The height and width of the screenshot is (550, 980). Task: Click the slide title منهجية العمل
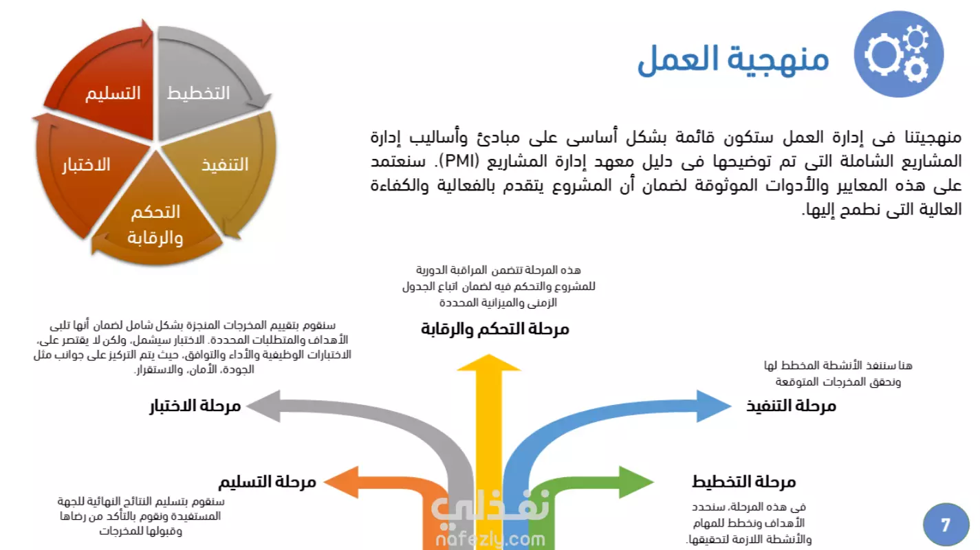pos(733,60)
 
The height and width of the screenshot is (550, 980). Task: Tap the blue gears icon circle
pos(899,54)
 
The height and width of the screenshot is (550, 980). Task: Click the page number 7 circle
pos(946,525)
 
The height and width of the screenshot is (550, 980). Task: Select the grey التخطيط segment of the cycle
pos(206,83)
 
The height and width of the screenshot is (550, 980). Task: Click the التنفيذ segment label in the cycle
pos(225,165)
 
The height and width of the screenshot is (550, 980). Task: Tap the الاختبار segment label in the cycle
pos(86,165)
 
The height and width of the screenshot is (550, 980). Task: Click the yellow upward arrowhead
pos(489,363)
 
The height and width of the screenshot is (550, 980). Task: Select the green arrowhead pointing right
pos(636,482)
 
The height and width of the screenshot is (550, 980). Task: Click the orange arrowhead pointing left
pos(341,482)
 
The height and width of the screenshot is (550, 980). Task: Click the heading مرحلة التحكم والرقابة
pos(494,329)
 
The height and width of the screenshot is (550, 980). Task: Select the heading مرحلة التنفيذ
pos(791,406)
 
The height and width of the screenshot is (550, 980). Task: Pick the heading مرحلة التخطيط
pos(743,482)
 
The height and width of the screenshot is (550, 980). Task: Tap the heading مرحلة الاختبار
pos(195,406)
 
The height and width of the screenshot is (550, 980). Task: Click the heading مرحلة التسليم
pos(268,482)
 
